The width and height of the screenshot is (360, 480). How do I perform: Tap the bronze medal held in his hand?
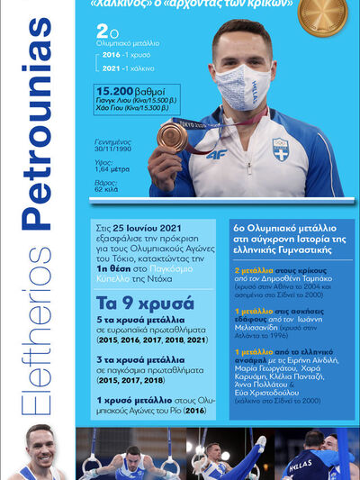pyautogui.click(x=172, y=136)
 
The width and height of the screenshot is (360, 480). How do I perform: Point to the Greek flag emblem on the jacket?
pyautogui.click(x=281, y=149)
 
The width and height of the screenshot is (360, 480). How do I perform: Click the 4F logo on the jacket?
pyautogui.click(x=215, y=154)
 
